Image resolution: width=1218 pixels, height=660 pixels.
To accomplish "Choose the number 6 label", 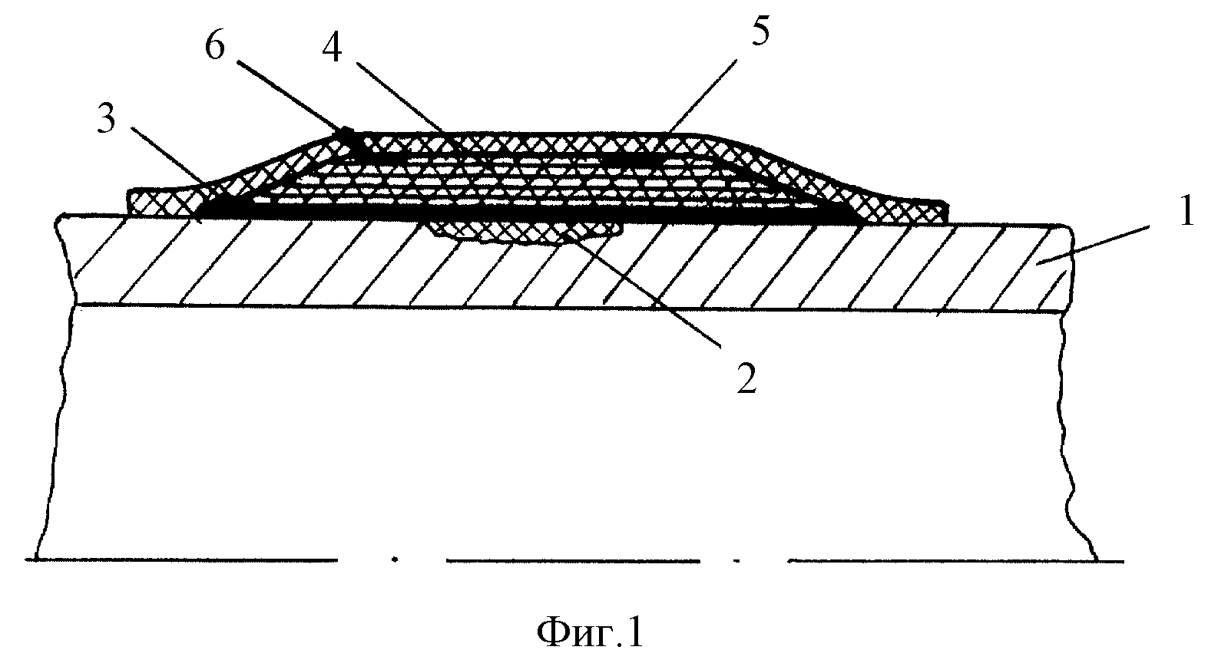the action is click(214, 45).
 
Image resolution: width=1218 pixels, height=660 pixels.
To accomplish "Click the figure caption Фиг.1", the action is click(590, 632).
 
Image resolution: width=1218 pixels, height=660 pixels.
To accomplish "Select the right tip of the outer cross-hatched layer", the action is click(949, 213).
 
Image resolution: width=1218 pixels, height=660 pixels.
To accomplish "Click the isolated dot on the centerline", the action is click(395, 559).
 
